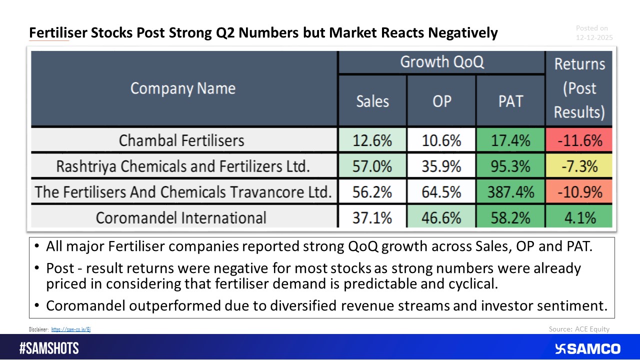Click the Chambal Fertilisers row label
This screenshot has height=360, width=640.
(181, 140)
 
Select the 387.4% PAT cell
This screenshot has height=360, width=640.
(510, 192)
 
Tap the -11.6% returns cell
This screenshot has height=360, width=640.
(579, 140)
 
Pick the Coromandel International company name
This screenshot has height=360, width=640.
(181, 218)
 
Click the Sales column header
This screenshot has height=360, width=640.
(372, 101)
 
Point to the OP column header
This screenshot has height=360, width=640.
(441, 101)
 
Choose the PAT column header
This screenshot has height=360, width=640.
(510, 101)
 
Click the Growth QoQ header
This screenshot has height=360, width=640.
(441, 62)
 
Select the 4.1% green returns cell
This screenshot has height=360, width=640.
(579, 218)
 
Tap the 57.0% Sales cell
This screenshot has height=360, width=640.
(372, 166)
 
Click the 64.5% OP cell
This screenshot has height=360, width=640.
(441, 192)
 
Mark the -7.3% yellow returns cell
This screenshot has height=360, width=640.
(579, 166)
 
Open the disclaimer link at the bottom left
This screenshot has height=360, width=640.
(70, 329)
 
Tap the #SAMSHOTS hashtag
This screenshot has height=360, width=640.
(49, 348)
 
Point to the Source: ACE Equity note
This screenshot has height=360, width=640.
(579, 329)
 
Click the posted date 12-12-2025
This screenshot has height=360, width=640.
(594, 37)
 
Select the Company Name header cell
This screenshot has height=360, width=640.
(182, 88)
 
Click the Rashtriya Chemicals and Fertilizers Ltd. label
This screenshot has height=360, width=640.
(181, 166)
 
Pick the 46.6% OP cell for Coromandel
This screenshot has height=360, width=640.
(441, 218)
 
